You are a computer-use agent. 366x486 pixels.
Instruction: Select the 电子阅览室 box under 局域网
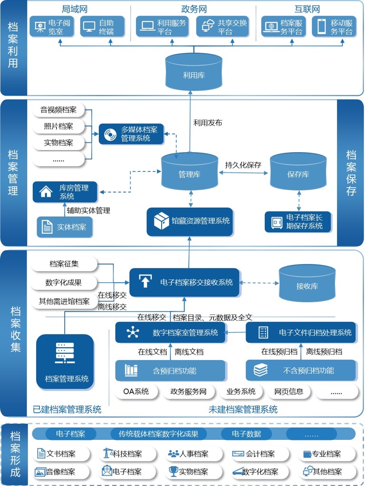53,27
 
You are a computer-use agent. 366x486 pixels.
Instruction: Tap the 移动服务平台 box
335,27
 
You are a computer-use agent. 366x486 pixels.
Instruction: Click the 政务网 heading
194,9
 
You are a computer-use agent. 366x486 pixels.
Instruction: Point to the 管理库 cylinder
189,173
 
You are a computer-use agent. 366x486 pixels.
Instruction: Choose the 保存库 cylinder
298,173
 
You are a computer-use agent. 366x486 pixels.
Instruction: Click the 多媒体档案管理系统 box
132,134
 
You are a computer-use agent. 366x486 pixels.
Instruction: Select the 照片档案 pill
59,126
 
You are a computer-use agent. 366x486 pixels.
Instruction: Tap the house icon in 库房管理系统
46,191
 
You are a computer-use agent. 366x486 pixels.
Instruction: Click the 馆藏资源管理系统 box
190,221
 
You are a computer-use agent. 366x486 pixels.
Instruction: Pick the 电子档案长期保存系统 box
298,222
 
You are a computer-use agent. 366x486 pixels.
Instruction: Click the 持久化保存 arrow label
243,165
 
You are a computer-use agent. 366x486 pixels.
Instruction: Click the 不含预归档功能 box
301,371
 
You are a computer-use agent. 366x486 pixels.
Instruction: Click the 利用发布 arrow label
208,123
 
